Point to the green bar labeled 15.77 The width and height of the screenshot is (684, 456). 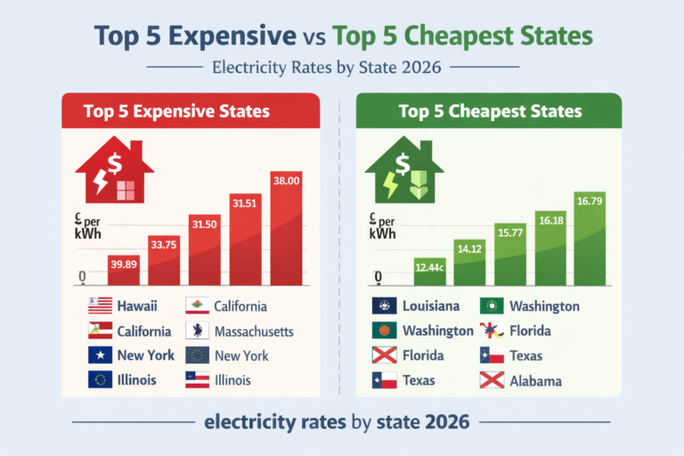tap(509, 253)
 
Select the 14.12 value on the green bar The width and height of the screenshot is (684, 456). tap(470, 249)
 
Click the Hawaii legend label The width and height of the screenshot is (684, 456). tap(137, 306)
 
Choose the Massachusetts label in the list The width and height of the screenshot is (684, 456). tap(254, 331)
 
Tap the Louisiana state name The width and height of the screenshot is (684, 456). tap(431, 306)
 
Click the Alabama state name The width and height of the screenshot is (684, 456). tap(535, 380)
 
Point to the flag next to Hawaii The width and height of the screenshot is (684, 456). tap(100, 306)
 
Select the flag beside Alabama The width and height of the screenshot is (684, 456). tap(493, 380)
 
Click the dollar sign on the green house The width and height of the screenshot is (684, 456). tap(403, 163)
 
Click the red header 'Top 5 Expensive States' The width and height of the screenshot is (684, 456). tap(176, 111)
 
